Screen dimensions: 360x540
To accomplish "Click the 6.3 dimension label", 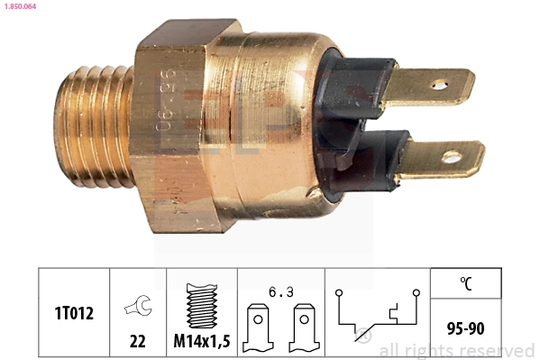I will (x=279, y=291).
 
